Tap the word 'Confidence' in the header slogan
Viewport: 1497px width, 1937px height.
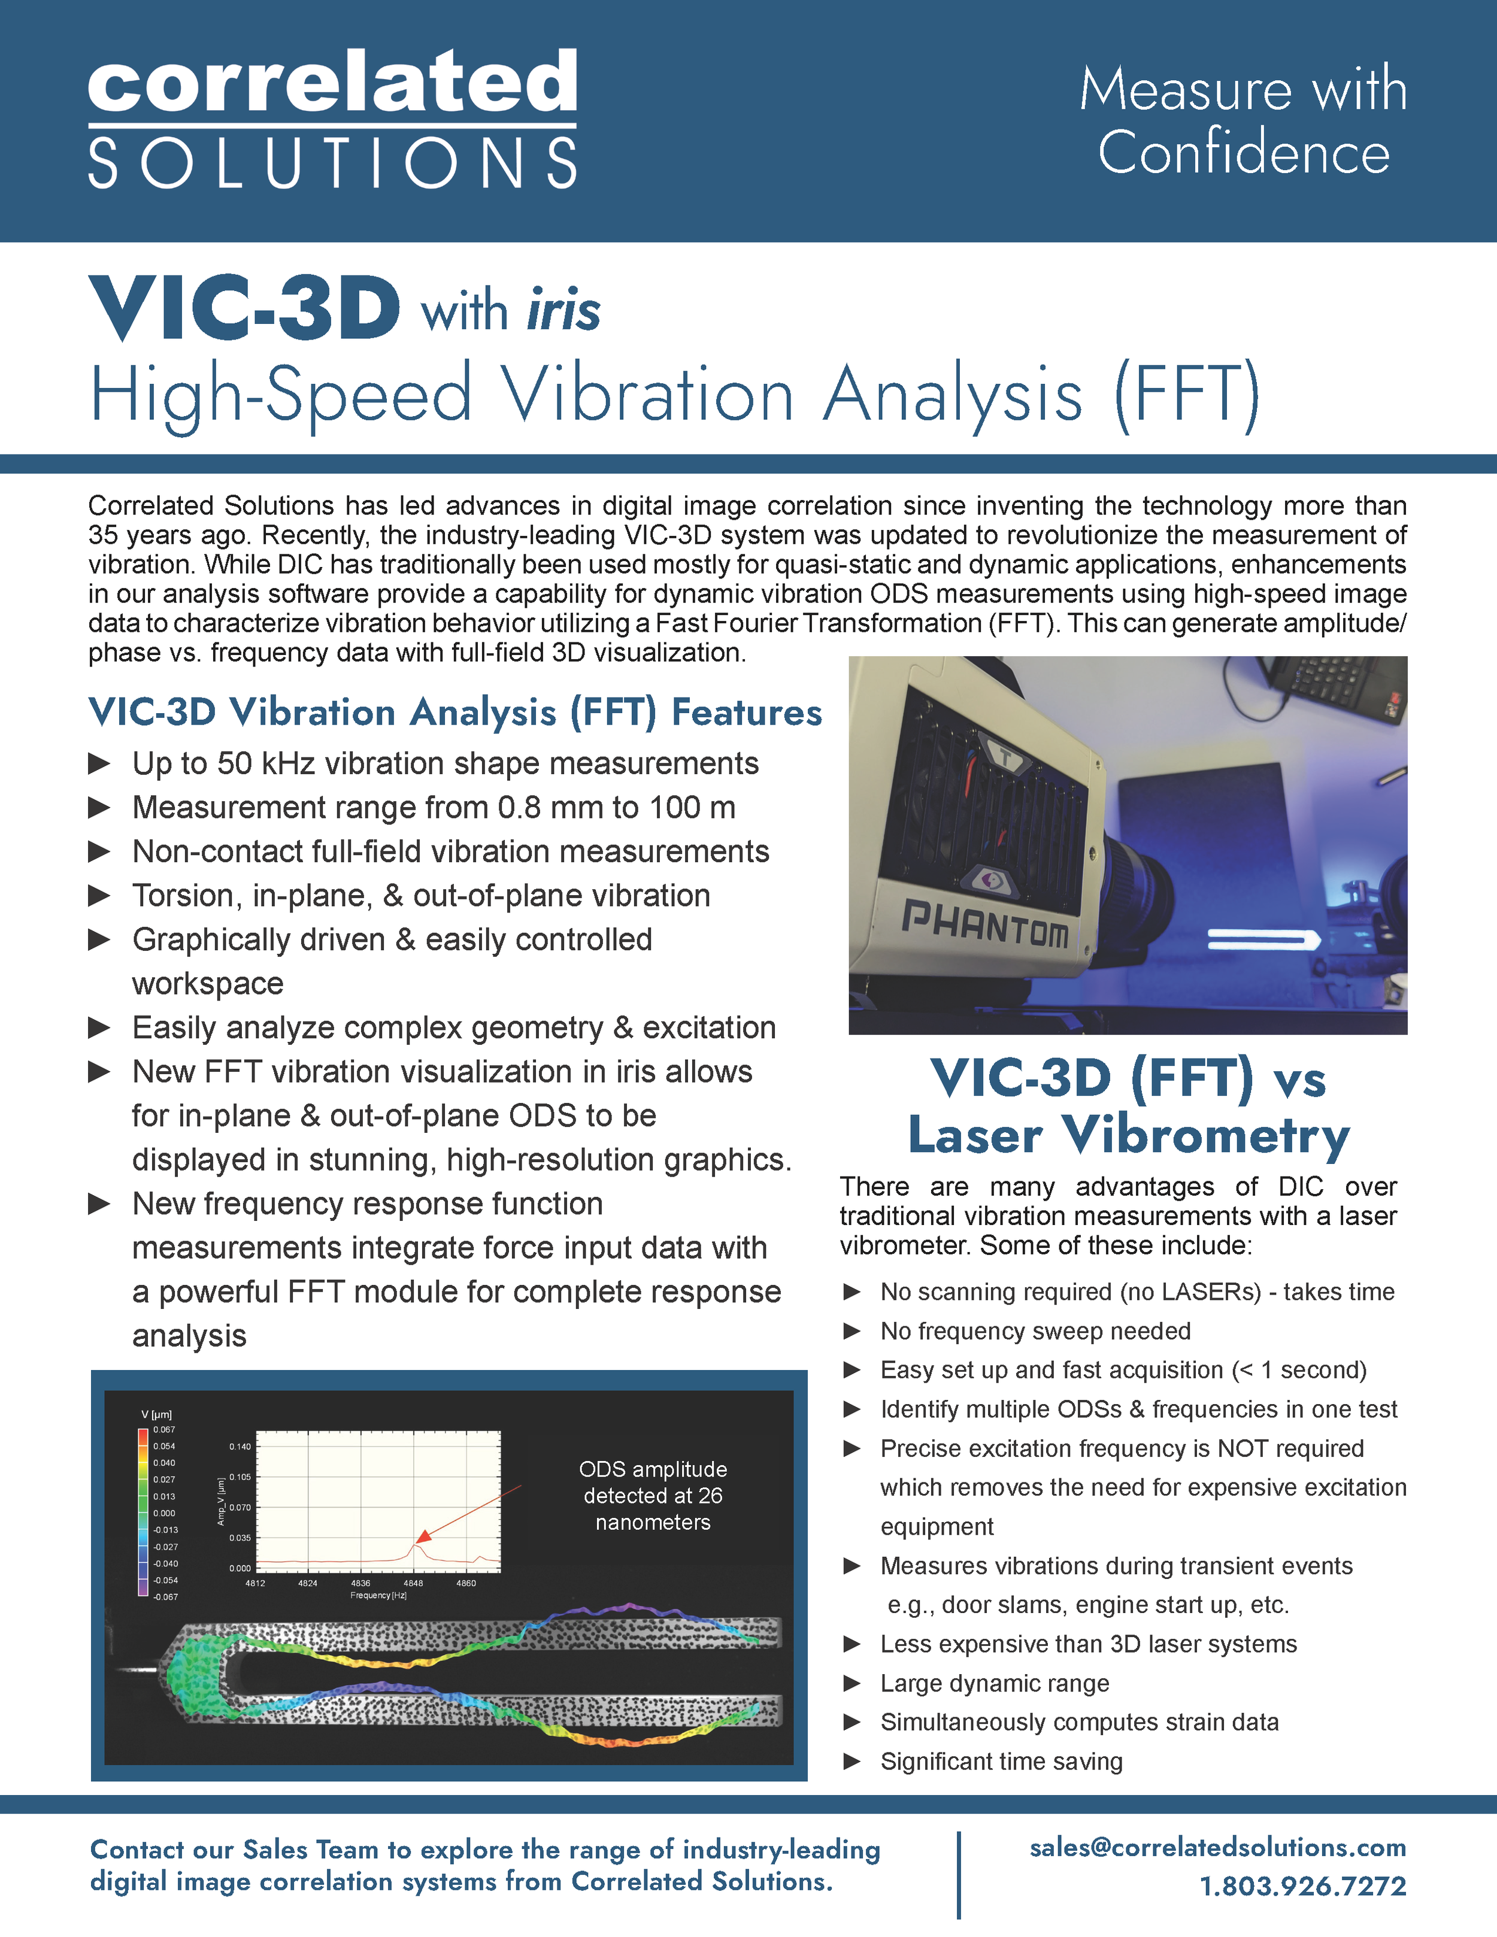click(x=1243, y=153)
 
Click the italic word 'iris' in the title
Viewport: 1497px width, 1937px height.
click(x=564, y=310)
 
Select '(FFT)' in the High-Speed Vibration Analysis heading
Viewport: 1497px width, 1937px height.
click(x=1187, y=395)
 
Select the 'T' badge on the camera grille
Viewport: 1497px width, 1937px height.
click(x=1007, y=757)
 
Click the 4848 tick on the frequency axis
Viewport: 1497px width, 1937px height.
click(x=413, y=1583)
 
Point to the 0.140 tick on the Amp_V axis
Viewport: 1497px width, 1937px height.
click(x=240, y=1447)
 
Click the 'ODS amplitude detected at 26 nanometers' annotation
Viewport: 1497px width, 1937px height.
click(x=653, y=1495)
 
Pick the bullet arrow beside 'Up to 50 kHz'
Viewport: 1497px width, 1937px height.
click(x=99, y=763)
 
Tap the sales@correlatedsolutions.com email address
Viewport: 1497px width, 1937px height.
click(x=1217, y=1847)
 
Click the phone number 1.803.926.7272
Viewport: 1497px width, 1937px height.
click(x=1302, y=1886)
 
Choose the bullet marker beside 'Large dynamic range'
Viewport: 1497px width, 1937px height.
click(x=851, y=1683)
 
